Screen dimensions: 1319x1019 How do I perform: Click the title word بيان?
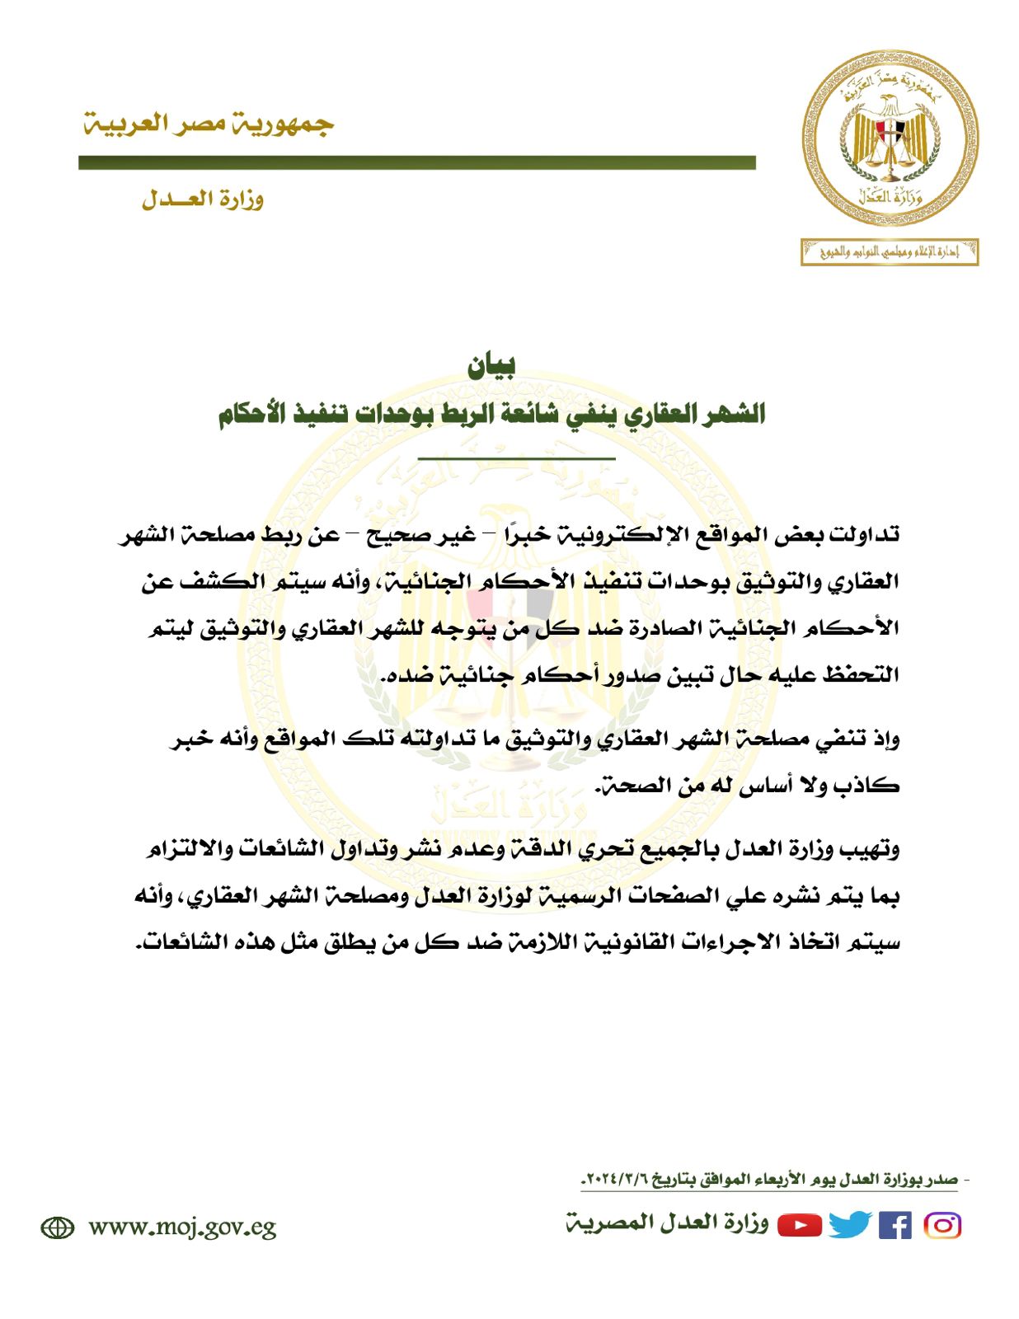tap(492, 367)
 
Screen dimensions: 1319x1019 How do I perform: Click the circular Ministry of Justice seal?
tap(890, 137)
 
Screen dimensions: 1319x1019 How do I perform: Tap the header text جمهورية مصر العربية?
tap(209, 124)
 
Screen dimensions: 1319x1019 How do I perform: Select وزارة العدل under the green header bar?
tap(203, 199)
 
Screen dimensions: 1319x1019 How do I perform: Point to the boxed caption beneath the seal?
tap(890, 251)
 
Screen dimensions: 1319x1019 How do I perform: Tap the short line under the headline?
tap(516, 458)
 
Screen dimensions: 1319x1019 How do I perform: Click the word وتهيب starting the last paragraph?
tap(869, 848)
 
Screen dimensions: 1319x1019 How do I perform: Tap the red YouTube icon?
tap(800, 1226)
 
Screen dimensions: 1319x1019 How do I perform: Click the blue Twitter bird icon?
tap(849, 1226)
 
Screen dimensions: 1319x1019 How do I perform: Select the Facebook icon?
tap(895, 1226)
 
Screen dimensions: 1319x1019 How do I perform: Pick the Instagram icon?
tap(942, 1226)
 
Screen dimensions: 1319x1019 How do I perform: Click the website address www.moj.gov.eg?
tap(182, 1227)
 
